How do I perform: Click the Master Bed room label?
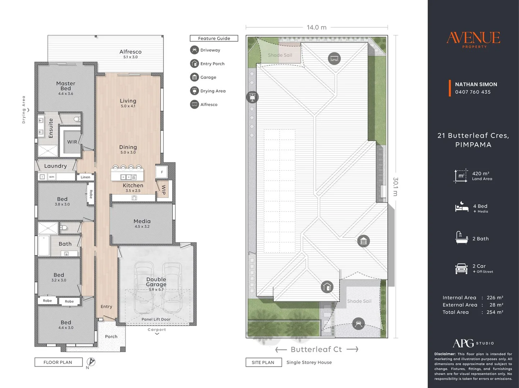[66, 86]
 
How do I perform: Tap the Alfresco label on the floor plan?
[130, 52]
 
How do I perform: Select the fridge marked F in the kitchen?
[162, 172]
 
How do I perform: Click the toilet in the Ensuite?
[77, 119]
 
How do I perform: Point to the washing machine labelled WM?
[51, 177]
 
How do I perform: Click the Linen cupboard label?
[85, 177]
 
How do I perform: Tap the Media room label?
[142, 221]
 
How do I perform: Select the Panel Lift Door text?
[156, 319]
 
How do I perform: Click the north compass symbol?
[91, 362]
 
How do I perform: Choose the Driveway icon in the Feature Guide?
[194, 50]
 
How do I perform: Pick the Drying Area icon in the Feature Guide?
[194, 91]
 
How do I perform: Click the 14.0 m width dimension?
[317, 27]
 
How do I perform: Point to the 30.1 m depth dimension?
[396, 186]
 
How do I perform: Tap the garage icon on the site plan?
[363, 241]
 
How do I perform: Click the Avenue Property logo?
[473, 40]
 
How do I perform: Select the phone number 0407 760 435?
[473, 92]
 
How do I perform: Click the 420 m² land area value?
[481, 174]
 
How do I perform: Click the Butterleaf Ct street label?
[317, 350]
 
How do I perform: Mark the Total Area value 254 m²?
[495, 312]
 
